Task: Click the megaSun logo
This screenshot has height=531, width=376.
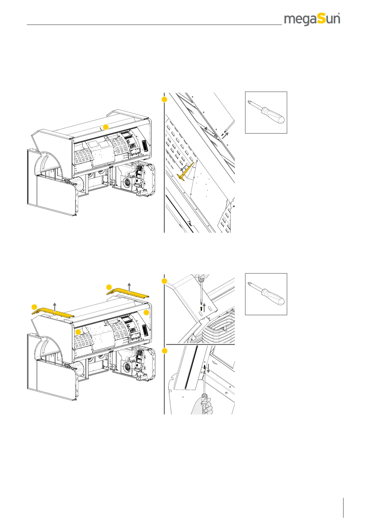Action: [x=312, y=20]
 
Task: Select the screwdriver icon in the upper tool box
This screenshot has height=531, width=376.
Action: [x=266, y=112]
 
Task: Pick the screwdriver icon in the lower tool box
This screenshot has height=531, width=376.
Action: [x=266, y=294]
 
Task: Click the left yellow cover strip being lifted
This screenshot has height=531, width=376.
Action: [x=53, y=312]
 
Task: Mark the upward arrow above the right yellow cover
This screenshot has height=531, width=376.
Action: [x=129, y=287]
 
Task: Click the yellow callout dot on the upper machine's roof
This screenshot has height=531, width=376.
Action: [x=106, y=127]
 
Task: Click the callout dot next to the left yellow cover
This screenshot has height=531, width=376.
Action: [x=34, y=307]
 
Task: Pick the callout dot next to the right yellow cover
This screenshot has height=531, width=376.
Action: [x=109, y=287]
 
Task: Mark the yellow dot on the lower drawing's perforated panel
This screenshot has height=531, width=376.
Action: [x=78, y=332]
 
